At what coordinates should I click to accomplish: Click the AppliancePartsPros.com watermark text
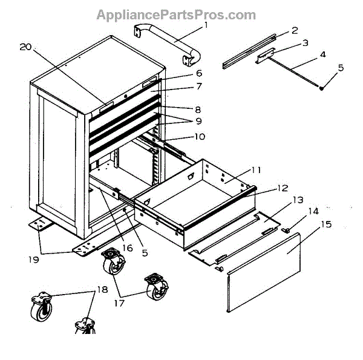tap(176, 15)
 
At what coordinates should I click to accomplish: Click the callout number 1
tap(206, 25)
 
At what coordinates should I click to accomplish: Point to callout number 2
tap(295, 30)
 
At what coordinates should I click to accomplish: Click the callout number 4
tap(322, 54)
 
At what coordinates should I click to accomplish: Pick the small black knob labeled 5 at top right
tap(321, 88)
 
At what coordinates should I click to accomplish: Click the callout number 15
tap(326, 224)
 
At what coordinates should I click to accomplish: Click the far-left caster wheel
tap(41, 308)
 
